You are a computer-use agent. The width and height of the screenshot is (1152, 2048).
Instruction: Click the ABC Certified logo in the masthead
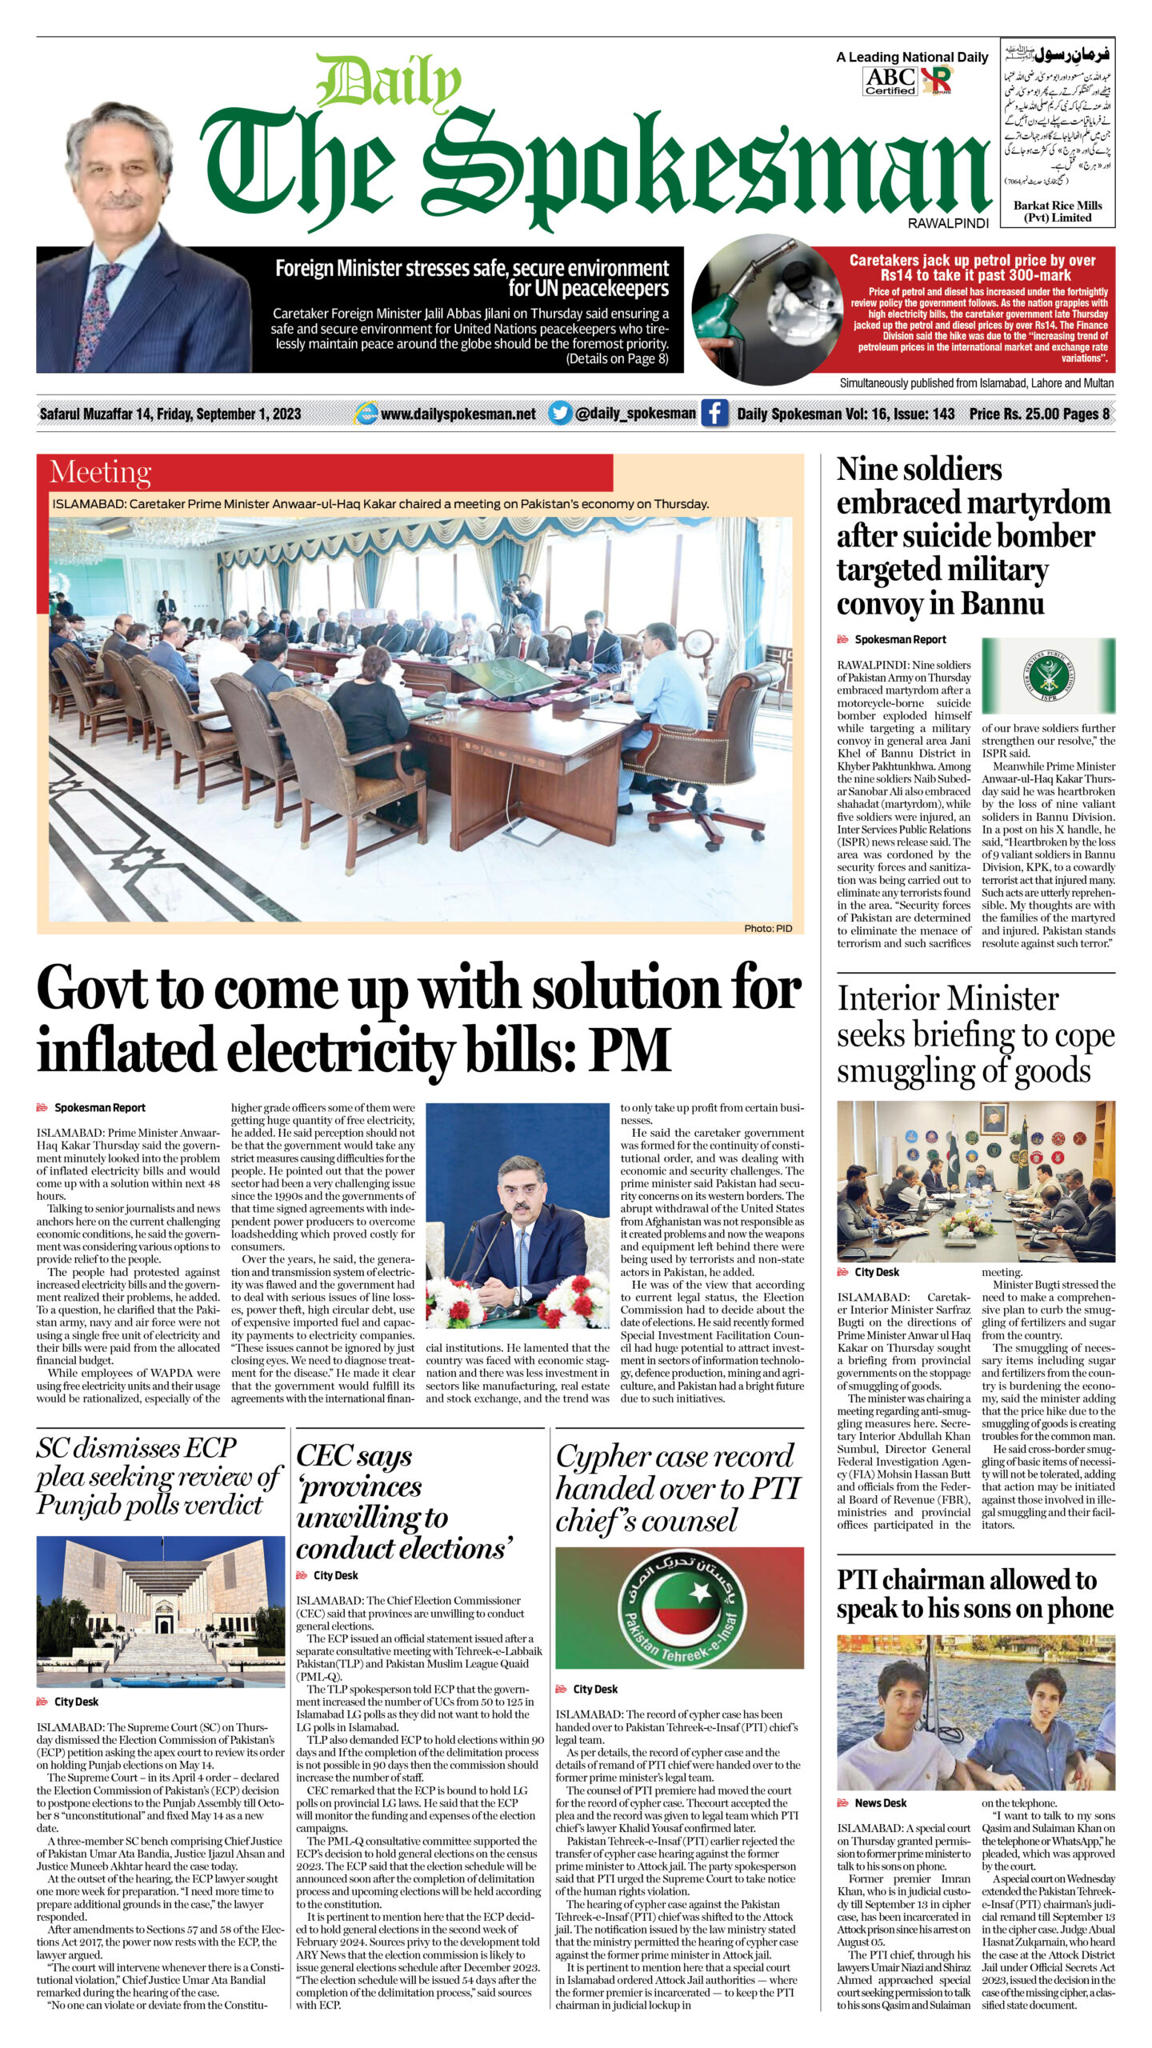[x=890, y=81]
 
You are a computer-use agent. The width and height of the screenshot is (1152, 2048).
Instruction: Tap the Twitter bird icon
[x=560, y=414]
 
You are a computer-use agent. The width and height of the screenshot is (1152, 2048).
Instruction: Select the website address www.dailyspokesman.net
[x=458, y=414]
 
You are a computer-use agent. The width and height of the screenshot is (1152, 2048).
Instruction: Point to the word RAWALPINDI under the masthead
[x=948, y=224]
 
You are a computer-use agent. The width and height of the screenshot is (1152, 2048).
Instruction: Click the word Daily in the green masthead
[x=388, y=84]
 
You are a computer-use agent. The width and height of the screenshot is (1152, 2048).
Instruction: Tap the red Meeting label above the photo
[x=100, y=473]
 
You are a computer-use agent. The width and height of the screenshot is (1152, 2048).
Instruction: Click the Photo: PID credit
[x=767, y=928]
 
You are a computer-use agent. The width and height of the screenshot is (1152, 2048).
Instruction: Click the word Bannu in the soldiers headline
[x=1004, y=604]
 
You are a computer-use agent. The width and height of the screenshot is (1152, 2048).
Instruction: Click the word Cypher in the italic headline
[x=611, y=1456]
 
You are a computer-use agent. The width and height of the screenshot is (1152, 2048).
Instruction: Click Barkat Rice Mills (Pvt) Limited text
[x=1058, y=211]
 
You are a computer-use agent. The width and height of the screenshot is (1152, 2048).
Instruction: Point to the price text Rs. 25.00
[x=1014, y=414]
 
